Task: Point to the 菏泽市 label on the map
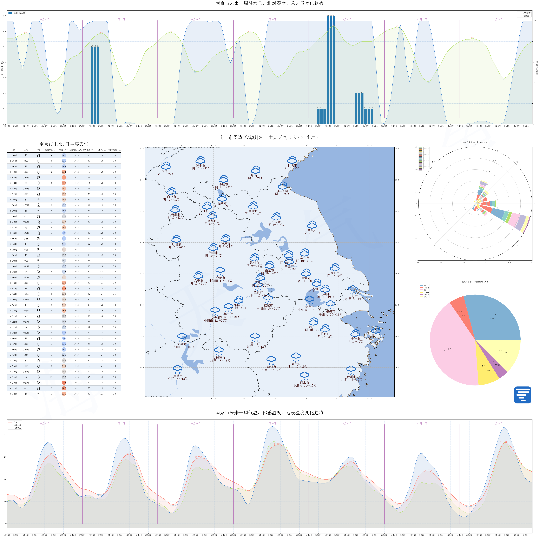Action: tap(166, 171)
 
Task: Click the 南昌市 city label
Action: tap(177, 376)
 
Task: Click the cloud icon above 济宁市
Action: tap(200, 160)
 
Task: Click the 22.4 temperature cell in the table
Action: tap(64, 383)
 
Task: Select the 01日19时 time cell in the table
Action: tap(13, 394)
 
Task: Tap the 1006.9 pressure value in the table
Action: tap(76, 299)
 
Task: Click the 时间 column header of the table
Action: tap(13, 150)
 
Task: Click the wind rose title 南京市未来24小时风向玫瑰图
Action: tap(475, 142)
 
